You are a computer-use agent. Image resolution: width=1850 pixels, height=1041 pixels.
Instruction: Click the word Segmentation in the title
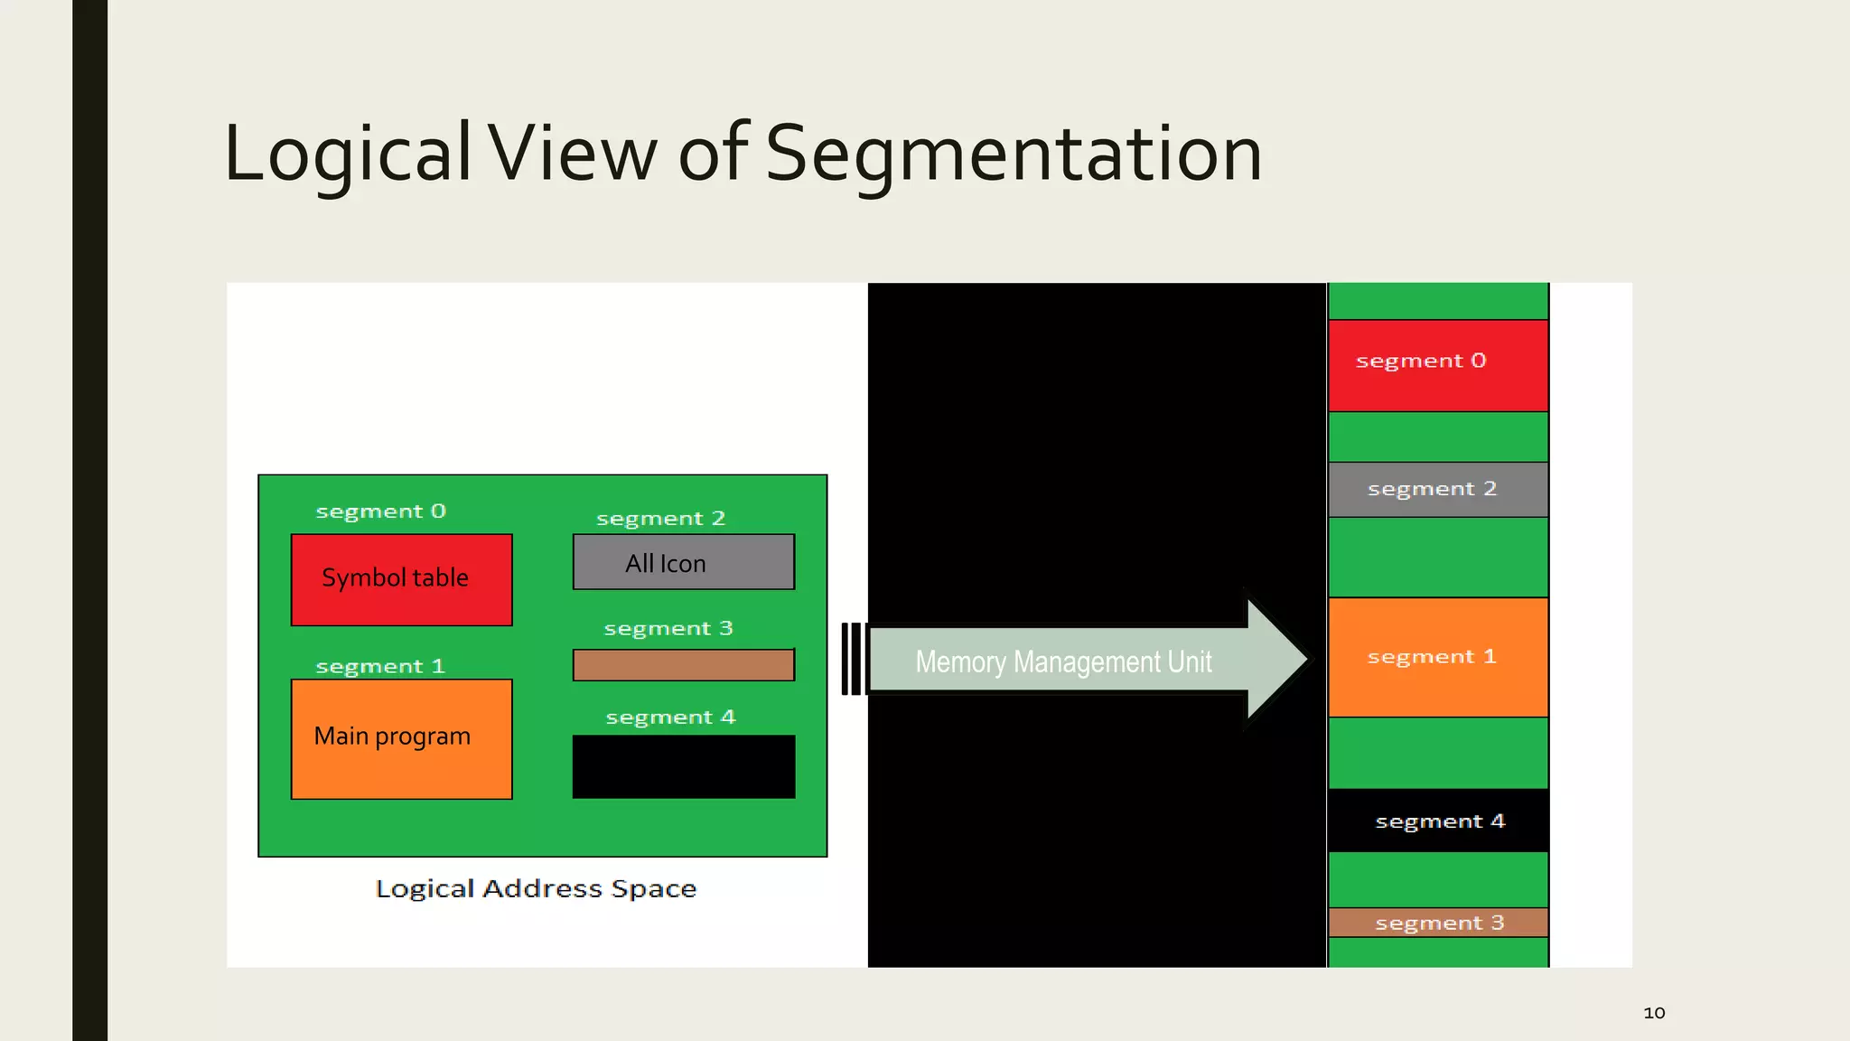click(x=1013, y=154)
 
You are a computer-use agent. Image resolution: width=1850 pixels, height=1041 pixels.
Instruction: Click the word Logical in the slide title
click(x=348, y=154)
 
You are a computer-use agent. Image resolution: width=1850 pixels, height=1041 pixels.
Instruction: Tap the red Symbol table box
click(x=401, y=579)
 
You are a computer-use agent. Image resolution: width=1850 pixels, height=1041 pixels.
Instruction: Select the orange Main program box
click(x=401, y=738)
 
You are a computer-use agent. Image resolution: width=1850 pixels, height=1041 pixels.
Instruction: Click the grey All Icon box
click(x=683, y=562)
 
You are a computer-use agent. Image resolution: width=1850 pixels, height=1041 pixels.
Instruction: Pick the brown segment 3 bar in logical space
click(x=683, y=665)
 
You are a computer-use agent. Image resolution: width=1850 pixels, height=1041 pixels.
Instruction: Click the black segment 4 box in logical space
click(x=683, y=766)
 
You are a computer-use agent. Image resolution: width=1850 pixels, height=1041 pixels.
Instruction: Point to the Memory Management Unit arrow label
click(x=1063, y=661)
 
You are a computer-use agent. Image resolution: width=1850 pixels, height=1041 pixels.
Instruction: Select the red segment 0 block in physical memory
click(x=1437, y=365)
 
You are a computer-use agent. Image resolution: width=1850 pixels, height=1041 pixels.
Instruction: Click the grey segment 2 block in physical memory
click(x=1437, y=489)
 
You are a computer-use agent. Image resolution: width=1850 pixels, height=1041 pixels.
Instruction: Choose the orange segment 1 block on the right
click(x=1437, y=657)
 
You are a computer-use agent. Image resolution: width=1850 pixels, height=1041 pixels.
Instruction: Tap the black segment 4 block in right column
click(x=1437, y=821)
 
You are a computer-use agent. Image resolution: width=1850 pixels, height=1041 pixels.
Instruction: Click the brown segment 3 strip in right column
click(x=1437, y=923)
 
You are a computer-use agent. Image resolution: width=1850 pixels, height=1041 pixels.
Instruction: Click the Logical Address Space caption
click(x=536, y=888)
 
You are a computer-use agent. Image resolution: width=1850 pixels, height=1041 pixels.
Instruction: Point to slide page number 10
click(x=1653, y=1013)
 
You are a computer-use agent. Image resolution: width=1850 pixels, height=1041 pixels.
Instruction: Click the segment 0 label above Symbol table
click(x=380, y=511)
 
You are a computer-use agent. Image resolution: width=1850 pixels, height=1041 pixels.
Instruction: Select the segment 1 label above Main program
click(x=380, y=667)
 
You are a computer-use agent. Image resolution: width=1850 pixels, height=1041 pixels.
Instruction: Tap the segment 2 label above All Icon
click(x=660, y=519)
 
